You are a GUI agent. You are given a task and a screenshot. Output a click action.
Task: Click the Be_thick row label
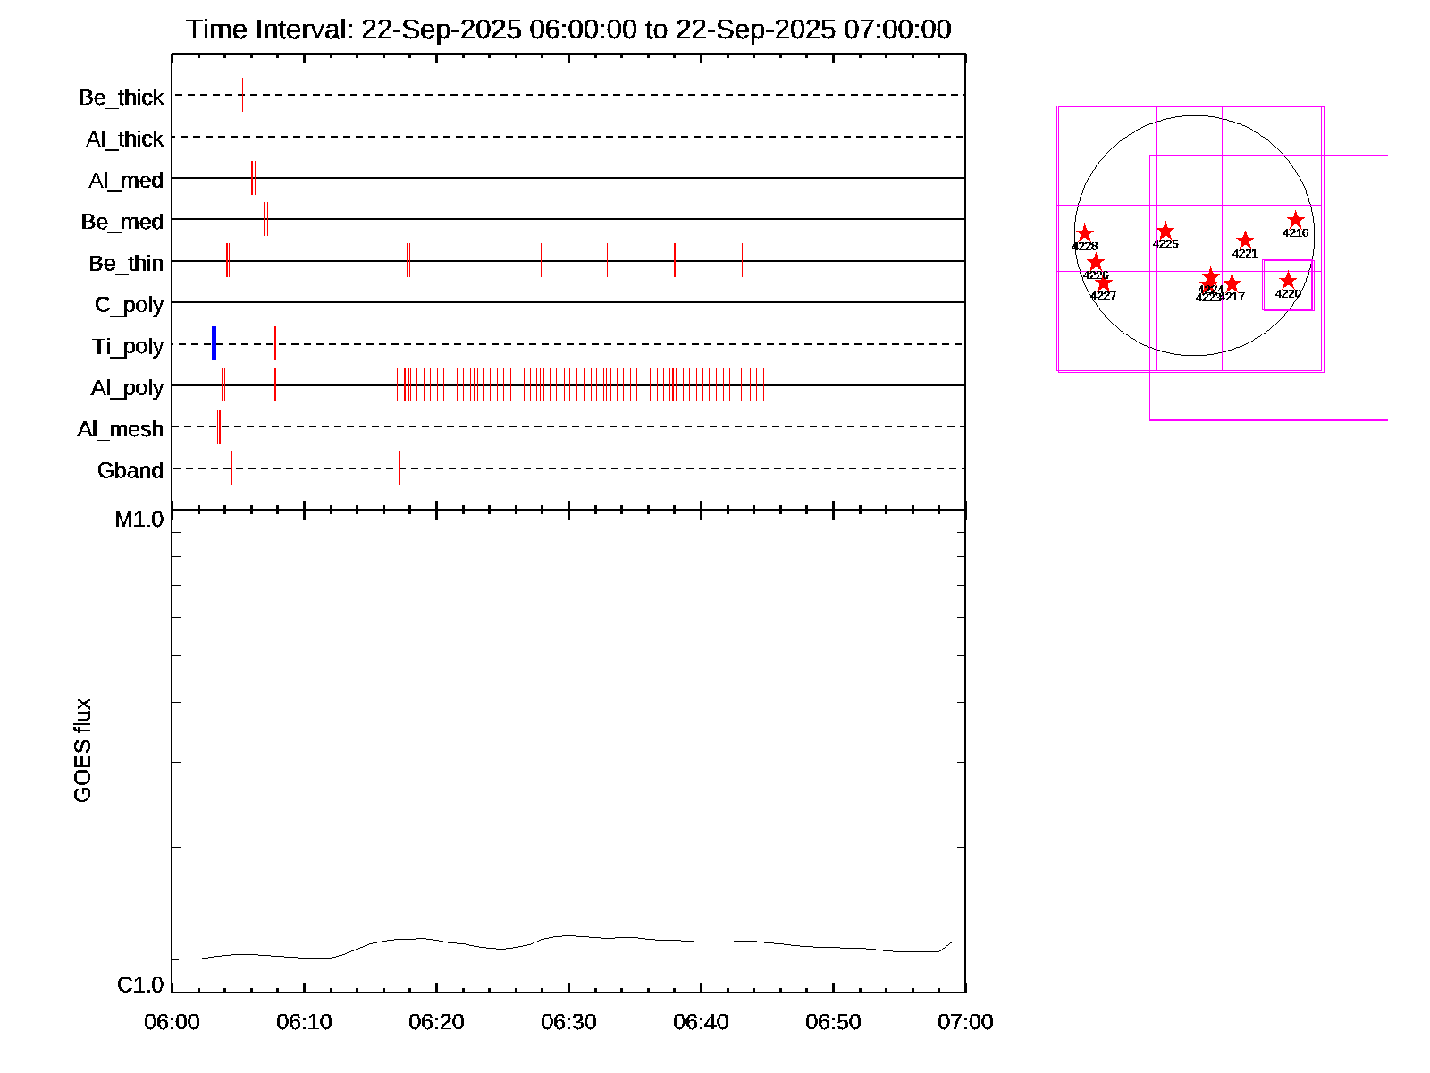122,97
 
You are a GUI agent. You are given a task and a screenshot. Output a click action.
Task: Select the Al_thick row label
125,139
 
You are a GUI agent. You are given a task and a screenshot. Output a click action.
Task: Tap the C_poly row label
129,306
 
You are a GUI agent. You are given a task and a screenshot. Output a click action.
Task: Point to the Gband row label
130,471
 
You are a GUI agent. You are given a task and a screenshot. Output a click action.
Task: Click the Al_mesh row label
121,430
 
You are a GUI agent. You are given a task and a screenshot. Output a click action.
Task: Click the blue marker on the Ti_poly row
214,343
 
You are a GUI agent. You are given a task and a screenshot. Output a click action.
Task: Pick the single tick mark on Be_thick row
242,95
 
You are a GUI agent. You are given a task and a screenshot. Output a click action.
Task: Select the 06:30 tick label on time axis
568,1022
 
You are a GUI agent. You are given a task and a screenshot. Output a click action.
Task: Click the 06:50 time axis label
833,1022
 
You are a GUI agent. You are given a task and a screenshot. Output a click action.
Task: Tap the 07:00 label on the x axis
965,1022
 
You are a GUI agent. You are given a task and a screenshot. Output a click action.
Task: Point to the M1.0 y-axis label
139,520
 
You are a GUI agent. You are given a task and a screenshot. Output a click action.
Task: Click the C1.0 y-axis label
140,985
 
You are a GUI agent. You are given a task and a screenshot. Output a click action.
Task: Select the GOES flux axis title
83,750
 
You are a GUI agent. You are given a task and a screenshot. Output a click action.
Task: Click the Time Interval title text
568,30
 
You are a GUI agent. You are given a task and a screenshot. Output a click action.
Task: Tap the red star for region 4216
1295,220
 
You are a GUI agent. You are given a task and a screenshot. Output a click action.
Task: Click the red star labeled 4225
1165,232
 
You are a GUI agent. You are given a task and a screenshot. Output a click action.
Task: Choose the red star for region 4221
1245,241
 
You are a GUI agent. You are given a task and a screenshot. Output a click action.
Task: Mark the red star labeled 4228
1085,233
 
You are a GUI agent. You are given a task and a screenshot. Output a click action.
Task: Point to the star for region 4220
1288,281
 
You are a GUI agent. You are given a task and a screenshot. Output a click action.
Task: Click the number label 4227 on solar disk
1104,296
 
